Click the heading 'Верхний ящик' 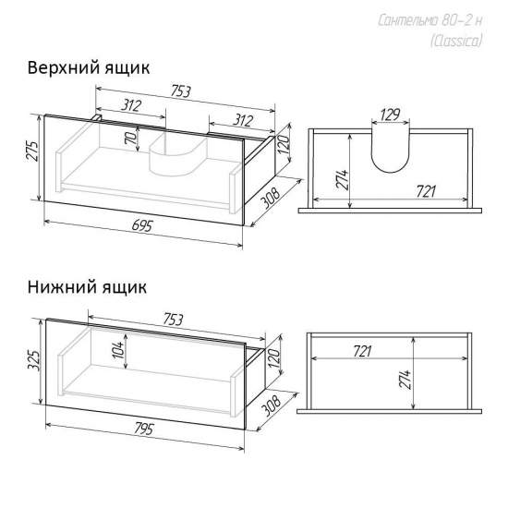[x=89, y=68]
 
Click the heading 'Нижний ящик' [x=87, y=287]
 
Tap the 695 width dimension [x=141, y=226]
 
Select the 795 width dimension [x=142, y=429]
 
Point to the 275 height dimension [x=32, y=151]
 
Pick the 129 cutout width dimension [x=390, y=115]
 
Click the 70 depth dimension [x=131, y=139]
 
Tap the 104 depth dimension [x=119, y=350]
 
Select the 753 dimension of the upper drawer [x=180, y=91]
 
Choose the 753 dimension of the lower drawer [x=173, y=320]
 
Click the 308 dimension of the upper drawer [x=270, y=198]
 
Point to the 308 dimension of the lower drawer [x=271, y=405]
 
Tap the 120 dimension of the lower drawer [x=273, y=357]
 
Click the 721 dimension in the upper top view [x=426, y=191]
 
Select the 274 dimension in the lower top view [x=406, y=379]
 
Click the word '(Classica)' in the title [x=456, y=42]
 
